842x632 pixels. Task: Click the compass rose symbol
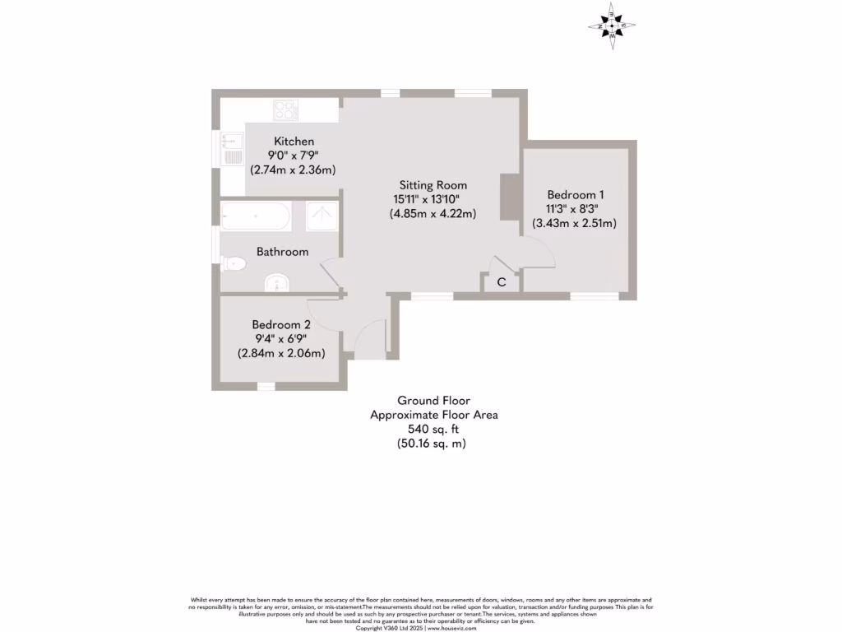pos(613,26)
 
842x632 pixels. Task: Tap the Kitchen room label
pos(294,142)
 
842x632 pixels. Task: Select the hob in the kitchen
pos(285,109)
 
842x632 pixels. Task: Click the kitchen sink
pos(232,151)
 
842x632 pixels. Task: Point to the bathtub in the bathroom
pos(256,217)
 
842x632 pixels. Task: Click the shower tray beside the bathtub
pos(322,216)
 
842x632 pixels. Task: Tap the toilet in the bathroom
pos(234,264)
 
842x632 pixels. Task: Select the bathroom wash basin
pos(277,283)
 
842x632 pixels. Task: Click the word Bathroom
pos(282,251)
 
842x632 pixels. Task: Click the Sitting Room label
pos(433,185)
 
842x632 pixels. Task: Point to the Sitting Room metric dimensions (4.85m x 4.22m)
pos(433,214)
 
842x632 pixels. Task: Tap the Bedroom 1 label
pos(576,194)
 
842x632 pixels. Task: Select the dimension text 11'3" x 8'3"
pos(576,209)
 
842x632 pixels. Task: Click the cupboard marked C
pos(501,282)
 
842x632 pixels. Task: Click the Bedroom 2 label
pos(281,324)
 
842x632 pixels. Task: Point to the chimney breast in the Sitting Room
pos(509,197)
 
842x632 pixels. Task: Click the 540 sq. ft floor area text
pos(433,430)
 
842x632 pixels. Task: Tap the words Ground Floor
pos(433,401)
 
